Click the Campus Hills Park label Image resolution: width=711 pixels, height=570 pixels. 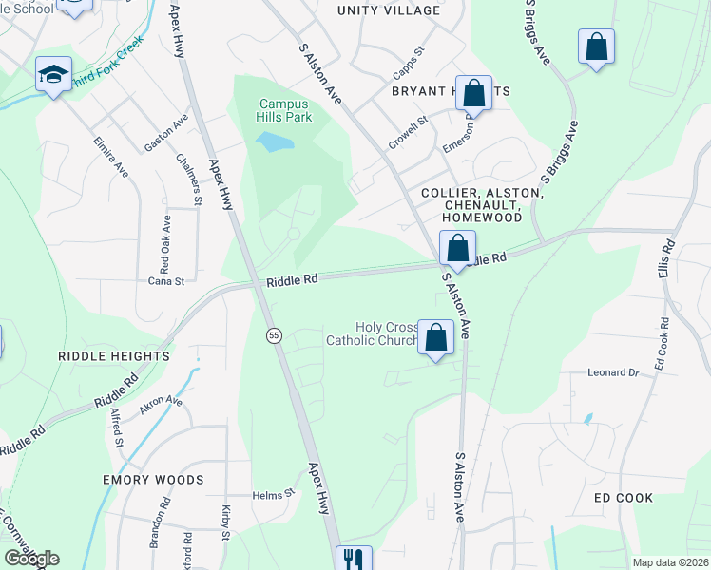[x=284, y=110]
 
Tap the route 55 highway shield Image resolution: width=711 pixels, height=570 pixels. [x=274, y=335]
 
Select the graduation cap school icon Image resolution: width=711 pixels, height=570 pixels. [x=53, y=74]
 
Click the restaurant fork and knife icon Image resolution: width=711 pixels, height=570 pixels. [x=354, y=560]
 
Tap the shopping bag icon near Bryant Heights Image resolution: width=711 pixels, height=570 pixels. [x=473, y=92]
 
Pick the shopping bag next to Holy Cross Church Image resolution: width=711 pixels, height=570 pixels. [x=435, y=337]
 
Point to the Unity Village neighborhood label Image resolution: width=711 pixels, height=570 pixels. [x=389, y=10]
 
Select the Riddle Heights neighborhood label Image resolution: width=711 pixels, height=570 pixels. [x=113, y=356]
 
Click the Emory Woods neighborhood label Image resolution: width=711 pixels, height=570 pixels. [x=153, y=480]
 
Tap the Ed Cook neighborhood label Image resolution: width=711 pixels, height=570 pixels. [x=624, y=498]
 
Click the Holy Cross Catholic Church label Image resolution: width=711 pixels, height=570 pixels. [x=373, y=333]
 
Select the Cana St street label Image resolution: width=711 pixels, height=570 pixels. [x=165, y=281]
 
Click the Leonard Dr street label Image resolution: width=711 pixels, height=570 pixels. [x=612, y=372]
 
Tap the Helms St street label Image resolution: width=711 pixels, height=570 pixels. [x=275, y=495]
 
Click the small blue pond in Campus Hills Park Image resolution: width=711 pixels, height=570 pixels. [x=272, y=142]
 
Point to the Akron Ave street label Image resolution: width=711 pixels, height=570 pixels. [x=161, y=402]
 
